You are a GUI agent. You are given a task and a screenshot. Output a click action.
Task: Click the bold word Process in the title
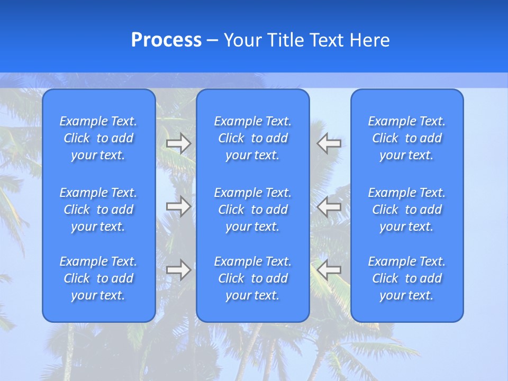(166, 40)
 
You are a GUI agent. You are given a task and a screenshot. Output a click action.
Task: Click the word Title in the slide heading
(286, 40)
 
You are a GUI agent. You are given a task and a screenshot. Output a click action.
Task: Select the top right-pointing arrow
(178, 143)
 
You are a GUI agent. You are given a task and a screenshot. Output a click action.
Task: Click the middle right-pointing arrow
(178, 206)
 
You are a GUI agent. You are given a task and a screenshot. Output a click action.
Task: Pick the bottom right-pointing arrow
(178, 270)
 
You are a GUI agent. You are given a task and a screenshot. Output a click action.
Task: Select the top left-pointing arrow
(329, 143)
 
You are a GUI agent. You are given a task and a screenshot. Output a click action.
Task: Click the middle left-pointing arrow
(329, 206)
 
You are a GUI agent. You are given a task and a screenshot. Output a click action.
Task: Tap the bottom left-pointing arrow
(329, 270)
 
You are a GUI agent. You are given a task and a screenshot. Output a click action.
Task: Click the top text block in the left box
(98, 138)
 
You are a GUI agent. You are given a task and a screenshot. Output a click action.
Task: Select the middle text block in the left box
(98, 210)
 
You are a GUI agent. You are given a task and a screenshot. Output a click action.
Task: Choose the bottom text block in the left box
(98, 278)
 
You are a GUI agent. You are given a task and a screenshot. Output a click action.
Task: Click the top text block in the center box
(253, 138)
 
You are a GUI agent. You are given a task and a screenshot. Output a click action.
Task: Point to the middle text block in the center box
(253, 210)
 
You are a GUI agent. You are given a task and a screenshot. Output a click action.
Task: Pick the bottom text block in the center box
(253, 278)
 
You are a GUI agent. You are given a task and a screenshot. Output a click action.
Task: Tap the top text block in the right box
(407, 138)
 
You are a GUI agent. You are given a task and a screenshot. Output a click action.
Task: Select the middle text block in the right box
(407, 210)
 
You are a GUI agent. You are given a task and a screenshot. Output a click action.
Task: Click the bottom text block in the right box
(407, 278)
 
